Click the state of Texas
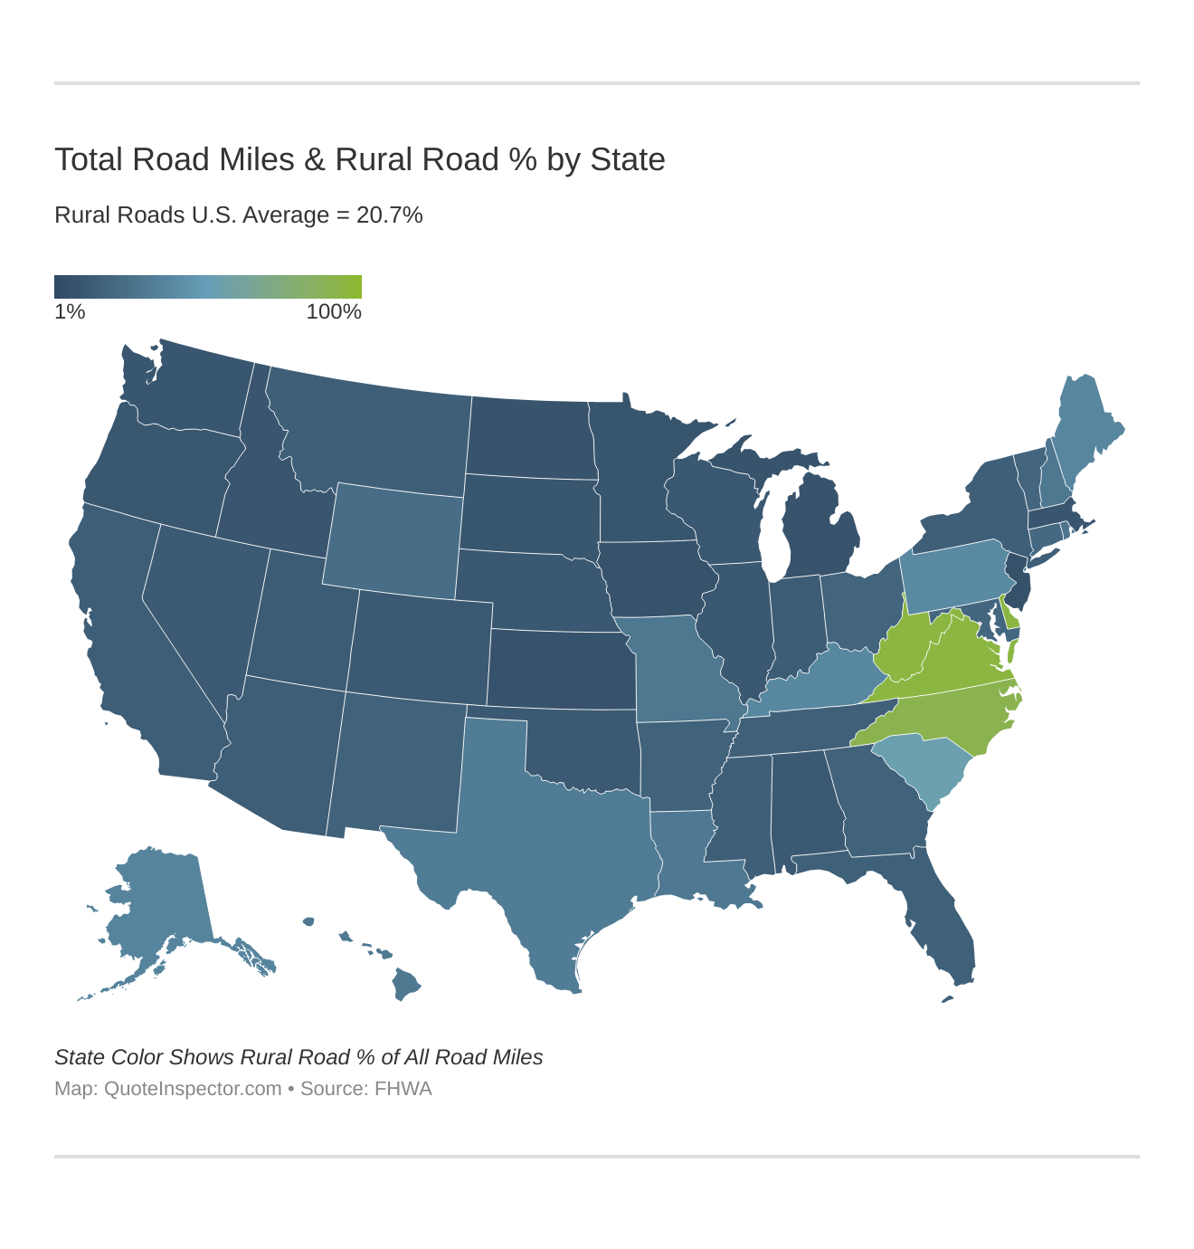pos(552,833)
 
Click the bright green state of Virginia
pos(959,665)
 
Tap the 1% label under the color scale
pos(70,312)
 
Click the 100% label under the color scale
pos(334,312)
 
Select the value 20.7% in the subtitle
pos(389,215)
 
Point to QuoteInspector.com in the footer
pos(193,1089)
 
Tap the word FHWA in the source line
pos(404,1089)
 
